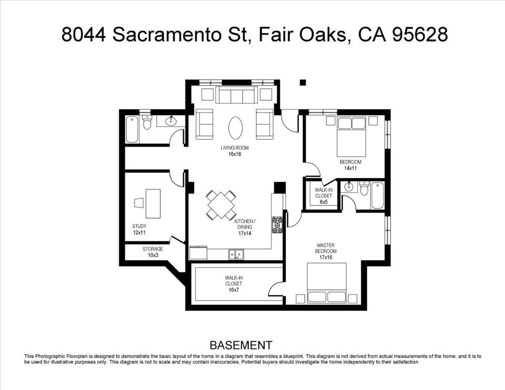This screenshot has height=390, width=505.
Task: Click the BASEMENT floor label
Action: click(241, 345)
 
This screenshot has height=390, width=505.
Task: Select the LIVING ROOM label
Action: click(234, 148)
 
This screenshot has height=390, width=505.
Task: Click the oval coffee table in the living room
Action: click(235, 128)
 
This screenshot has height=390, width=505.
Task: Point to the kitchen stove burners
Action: click(277, 225)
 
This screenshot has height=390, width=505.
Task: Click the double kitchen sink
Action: click(236, 254)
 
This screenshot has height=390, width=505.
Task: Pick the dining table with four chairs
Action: click(221, 205)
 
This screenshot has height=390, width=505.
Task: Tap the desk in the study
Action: click(153, 204)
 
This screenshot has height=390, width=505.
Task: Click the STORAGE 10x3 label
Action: click(153, 252)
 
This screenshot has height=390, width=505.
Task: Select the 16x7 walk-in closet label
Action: click(233, 284)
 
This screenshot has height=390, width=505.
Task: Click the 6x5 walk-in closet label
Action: click(324, 196)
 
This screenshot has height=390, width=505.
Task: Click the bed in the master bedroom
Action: click(326, 283)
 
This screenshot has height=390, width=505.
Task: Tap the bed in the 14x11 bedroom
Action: click(351, 136)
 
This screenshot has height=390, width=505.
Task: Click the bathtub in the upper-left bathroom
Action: click(132, 130)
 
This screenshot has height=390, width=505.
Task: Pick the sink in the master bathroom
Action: click(348, 186)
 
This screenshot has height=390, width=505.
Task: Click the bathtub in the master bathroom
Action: click(377, 195)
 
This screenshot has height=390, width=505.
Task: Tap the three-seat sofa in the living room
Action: click(237, 95)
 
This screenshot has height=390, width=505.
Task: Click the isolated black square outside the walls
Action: click(302, 82)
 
